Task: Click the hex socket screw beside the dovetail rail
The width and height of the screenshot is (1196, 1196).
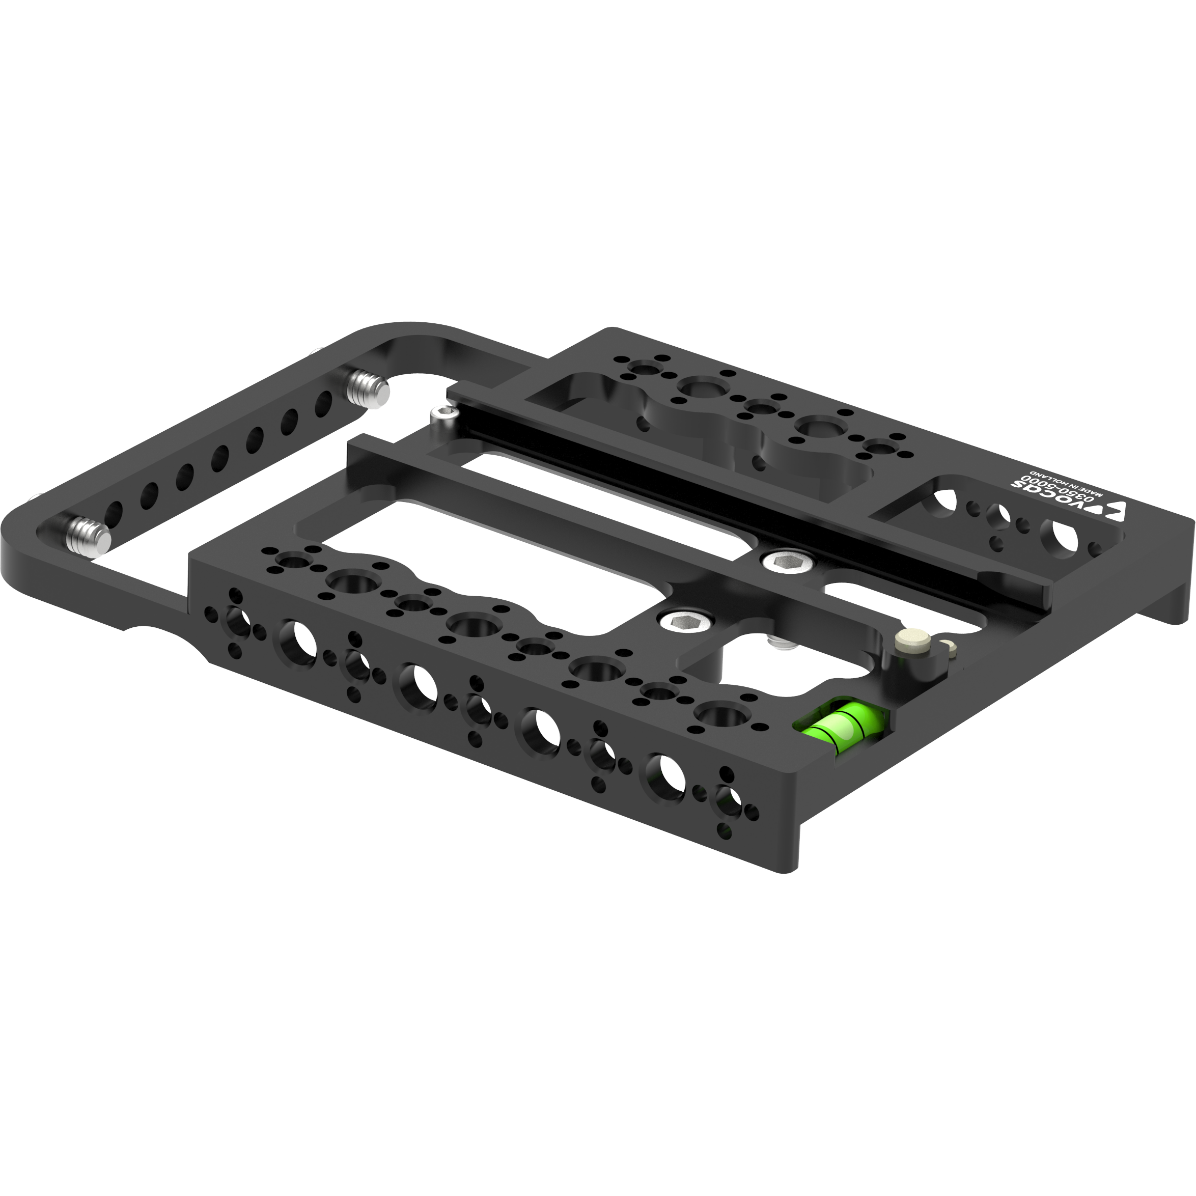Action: pyautogui.click(x=786, y=562)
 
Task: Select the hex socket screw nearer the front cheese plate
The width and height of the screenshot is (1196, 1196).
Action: pyautogui.click(x=684, y=620)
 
